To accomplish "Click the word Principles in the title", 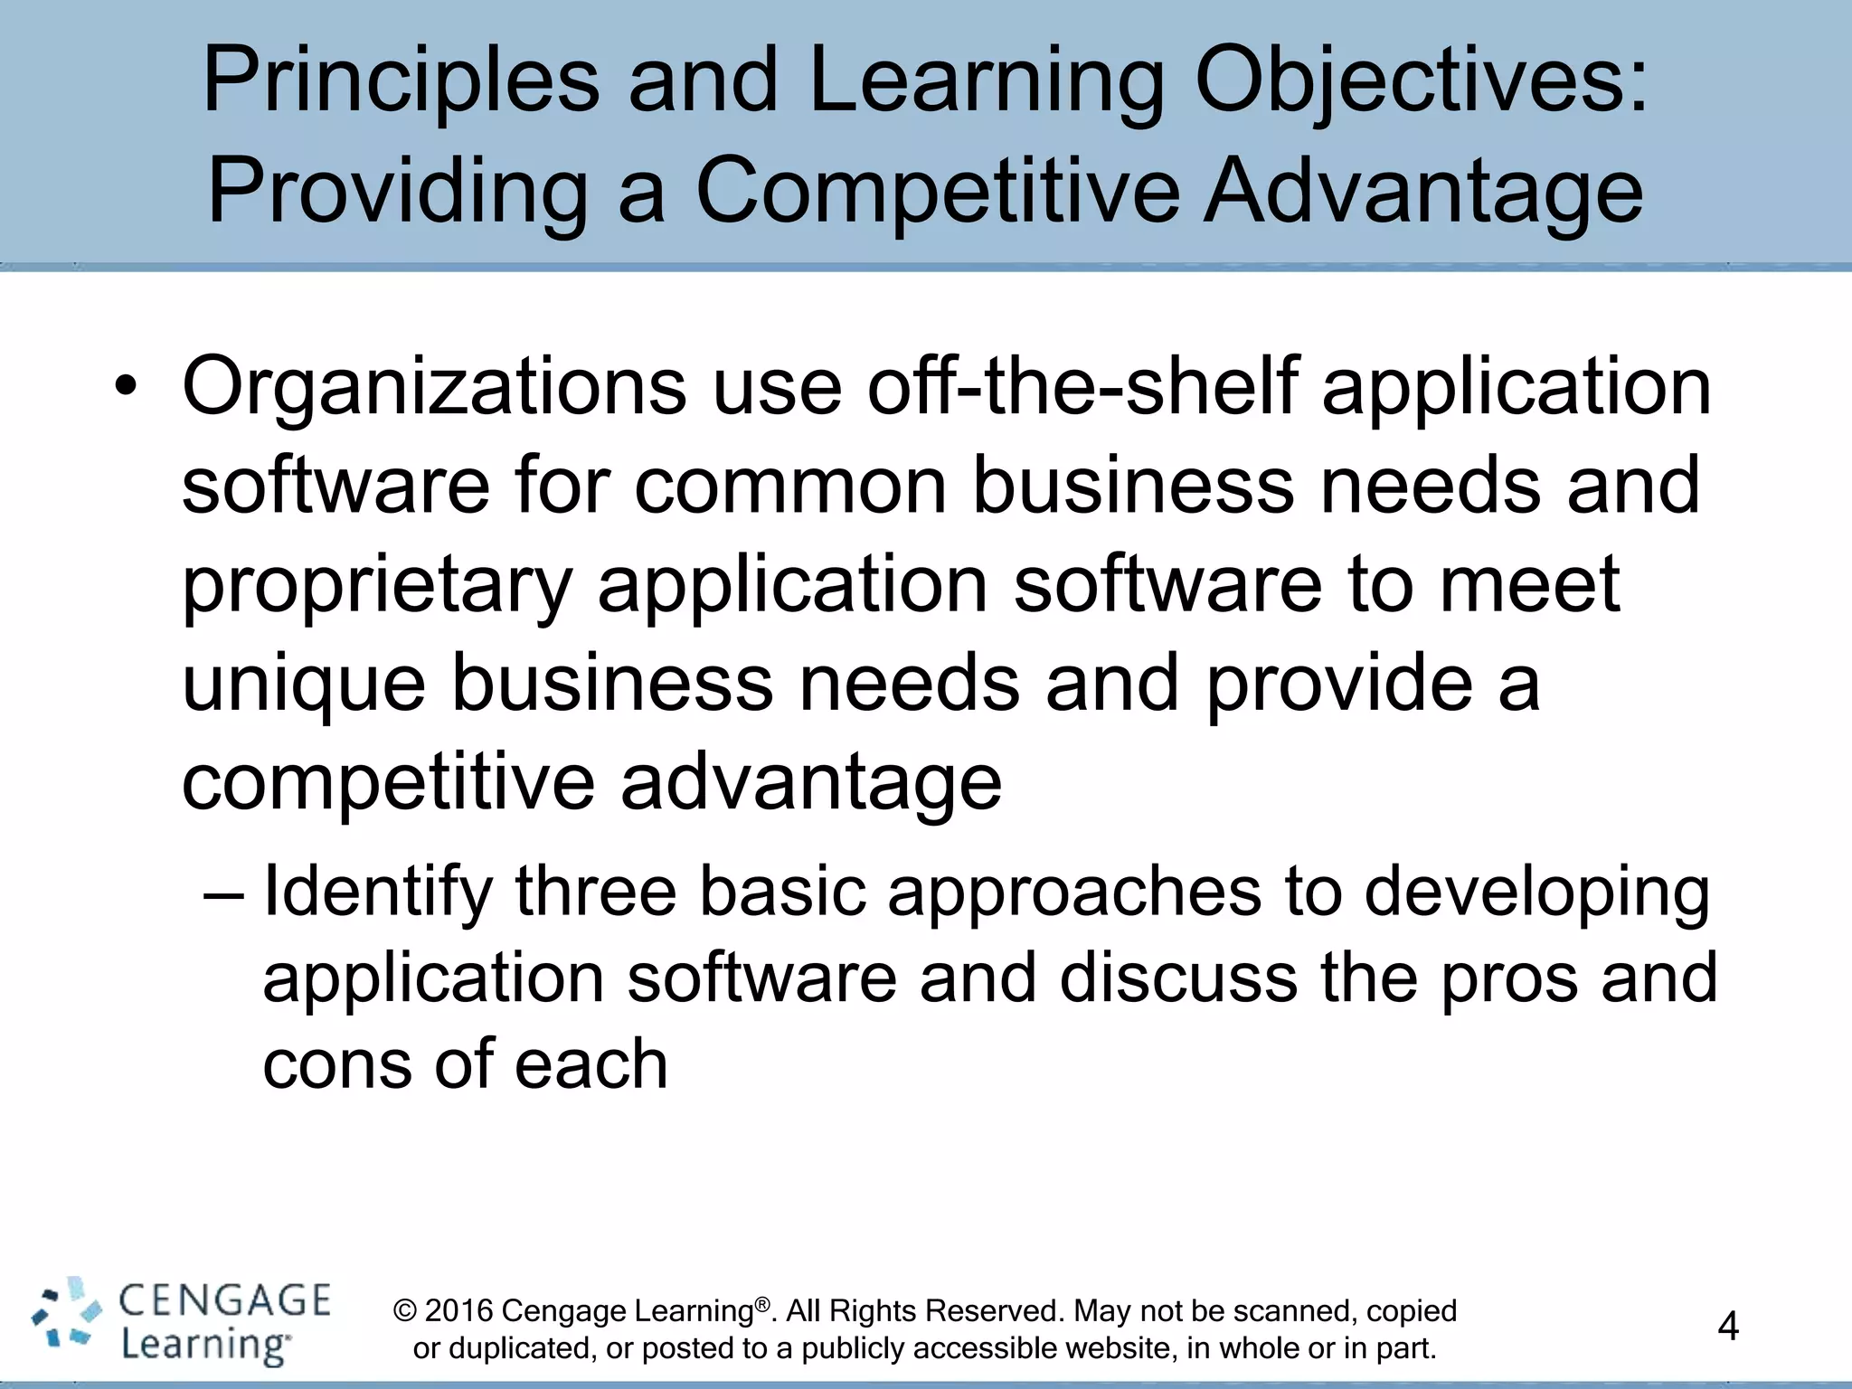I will [401, 83].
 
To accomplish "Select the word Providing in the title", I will [399, 192].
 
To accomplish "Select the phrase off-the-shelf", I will [1082, 386].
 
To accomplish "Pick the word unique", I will [304, 685].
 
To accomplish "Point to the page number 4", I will [1727, 1327].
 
